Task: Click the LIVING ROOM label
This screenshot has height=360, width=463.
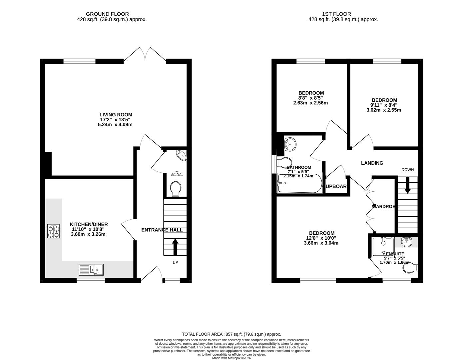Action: [116, 115]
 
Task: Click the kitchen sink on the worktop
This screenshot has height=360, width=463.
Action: [91, 269]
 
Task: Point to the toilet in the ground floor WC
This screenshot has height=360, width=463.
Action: [175, 189]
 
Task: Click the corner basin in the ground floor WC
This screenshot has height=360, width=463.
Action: [182, 155]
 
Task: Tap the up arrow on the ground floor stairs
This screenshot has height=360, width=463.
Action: [175, 246]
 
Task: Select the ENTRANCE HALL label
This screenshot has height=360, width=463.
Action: [162, 230]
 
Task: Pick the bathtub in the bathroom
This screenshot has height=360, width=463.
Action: [299, 184]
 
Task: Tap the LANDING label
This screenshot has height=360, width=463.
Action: [372, 163]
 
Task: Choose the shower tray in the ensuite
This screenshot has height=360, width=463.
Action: [383, 247]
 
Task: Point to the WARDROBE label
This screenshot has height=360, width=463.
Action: [385, 206]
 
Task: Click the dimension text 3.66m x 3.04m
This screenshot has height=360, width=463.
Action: [321, 243]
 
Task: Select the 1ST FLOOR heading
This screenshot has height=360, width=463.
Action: [336, 14]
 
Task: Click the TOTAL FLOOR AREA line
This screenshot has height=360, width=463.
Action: [231, 334]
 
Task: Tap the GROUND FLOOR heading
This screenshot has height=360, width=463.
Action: [103, 14]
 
